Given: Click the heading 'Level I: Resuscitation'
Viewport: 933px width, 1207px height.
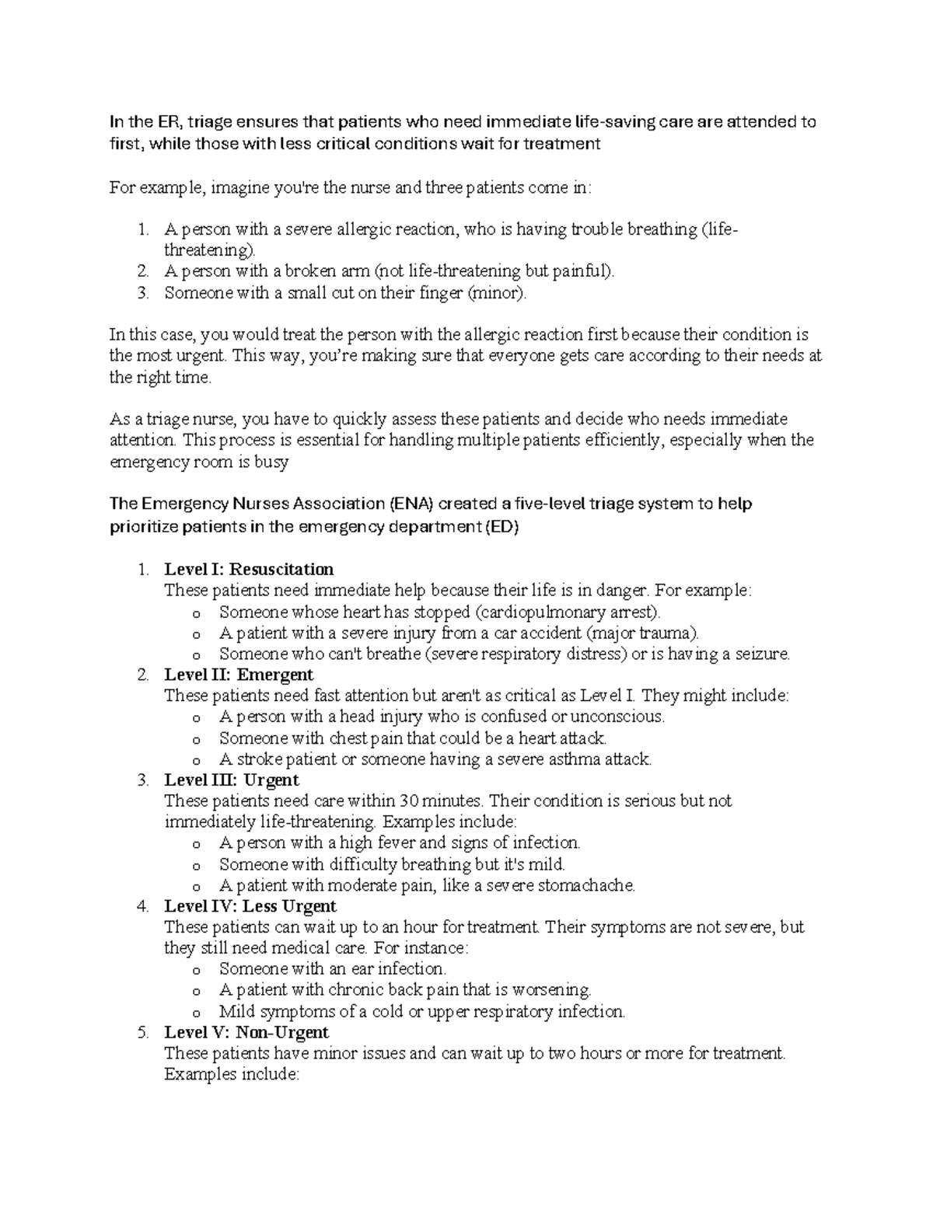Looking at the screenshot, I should (x=249, y=569).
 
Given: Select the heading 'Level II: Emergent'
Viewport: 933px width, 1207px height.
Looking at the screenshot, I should (x=239, y=675).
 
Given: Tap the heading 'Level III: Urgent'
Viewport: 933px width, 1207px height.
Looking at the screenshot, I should (x=232, y=780).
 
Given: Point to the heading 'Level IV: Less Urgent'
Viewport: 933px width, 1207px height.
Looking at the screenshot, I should (x=250, y=906).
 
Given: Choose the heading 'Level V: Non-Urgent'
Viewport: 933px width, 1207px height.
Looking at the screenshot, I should (x=246, y=1032).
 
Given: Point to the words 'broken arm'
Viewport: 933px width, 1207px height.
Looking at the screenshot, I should (x=326, y=271).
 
